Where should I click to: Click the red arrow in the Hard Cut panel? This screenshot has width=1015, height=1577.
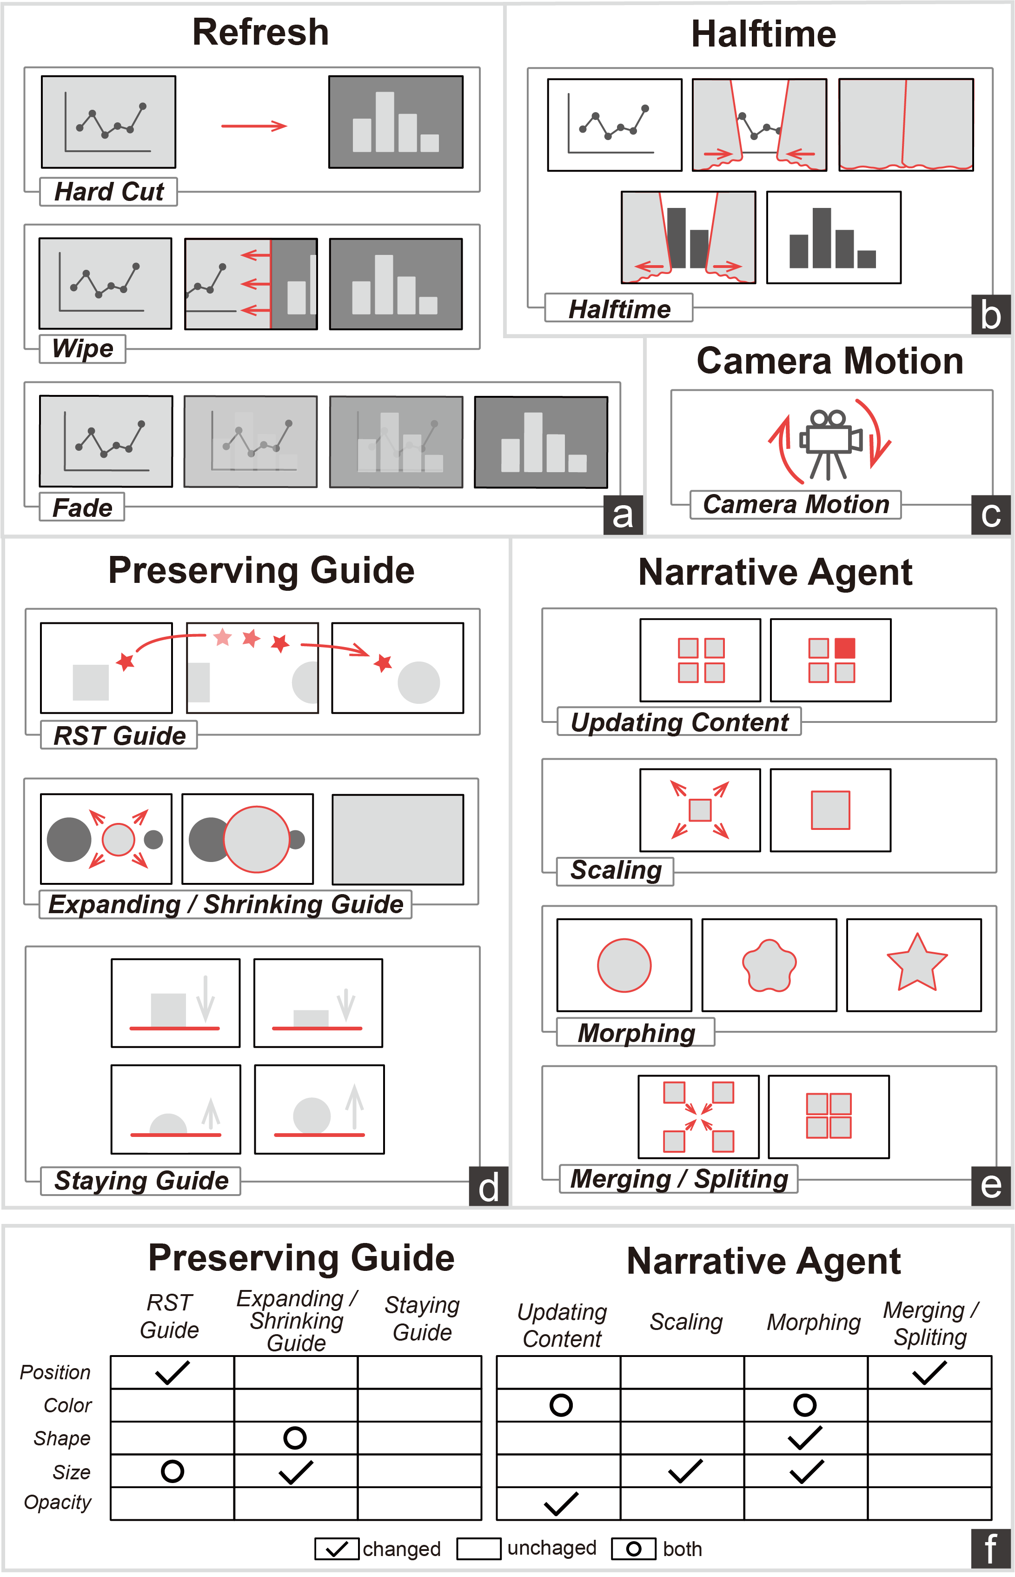point(254,126)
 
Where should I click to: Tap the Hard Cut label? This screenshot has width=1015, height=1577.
point(109,192)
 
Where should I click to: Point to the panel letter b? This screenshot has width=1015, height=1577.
point(991,316)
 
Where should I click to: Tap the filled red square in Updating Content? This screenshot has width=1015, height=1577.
point(845,648)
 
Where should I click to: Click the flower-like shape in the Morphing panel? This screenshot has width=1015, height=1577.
point(769,966)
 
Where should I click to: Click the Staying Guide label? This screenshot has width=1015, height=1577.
point(141,1180)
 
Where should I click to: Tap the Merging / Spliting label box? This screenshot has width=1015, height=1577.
point(679,1179)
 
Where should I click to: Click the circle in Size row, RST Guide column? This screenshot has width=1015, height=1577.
point(172,1471)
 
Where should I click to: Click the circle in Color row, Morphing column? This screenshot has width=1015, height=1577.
point(805,1405)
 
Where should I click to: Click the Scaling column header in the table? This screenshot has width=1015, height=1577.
point(686,1322)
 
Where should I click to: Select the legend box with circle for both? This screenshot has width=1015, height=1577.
point(633,1549)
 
